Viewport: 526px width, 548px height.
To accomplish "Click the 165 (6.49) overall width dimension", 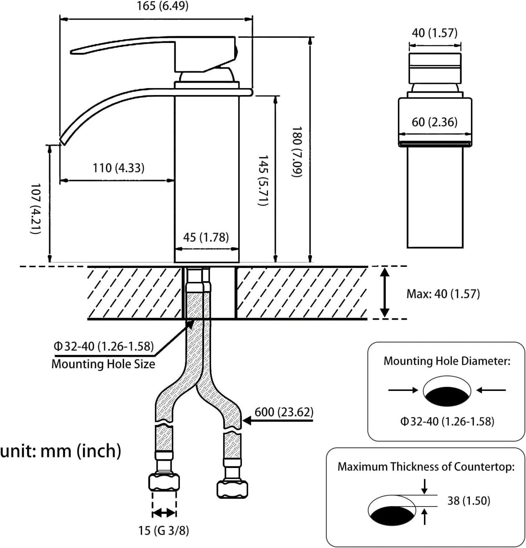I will click(x=162, y=6).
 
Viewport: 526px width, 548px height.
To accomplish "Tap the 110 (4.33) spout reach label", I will click(x=118, y=168).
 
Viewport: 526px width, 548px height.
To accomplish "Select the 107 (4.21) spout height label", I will click(x=36, y=208).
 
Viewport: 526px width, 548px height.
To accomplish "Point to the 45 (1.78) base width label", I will click(x=206, y=237).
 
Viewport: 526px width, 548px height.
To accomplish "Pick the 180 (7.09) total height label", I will click(x=297, y=152).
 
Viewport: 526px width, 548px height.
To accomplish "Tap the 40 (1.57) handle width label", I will click(x=434, y=33).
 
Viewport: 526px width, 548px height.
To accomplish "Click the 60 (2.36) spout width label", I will click(x=434, y=122).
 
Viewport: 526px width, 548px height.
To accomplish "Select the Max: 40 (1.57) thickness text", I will click(x=443, y=293).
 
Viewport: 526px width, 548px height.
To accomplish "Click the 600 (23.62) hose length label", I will click(x=284, y=412).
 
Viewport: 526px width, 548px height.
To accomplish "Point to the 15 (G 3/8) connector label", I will click(x=163, y=530).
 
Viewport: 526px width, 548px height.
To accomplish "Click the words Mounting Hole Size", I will click(x=103, y=364).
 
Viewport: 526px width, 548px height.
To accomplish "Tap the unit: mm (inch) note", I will click(x=60, y=451).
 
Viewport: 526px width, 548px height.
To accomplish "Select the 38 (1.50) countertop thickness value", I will click(x=468, y=500).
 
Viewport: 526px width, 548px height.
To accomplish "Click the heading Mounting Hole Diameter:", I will click(x=447, y=361).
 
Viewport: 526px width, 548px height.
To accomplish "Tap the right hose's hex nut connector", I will click(x=232, y=489).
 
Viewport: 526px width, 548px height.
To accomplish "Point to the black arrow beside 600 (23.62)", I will click(x=247, y=420).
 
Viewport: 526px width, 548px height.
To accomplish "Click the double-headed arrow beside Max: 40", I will click(x=385, y=293).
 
